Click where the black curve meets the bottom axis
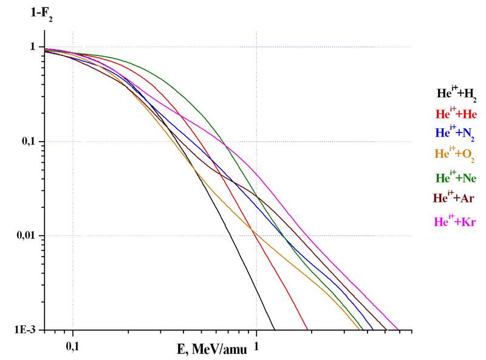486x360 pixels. (x=275, y=330)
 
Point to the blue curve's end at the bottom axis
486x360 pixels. (x=373, y=330)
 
